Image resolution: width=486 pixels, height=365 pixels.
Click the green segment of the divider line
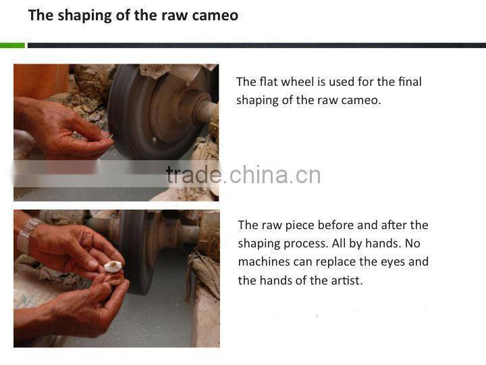point(12,45)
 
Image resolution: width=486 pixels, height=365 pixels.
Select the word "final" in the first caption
point(410,82)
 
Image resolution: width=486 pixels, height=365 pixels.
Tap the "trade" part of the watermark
point(194,175)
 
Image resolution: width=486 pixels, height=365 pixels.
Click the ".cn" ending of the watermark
point(305,175)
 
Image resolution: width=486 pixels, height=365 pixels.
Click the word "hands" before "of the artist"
point(275,281)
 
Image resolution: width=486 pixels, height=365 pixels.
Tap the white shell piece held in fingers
point(113,267)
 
